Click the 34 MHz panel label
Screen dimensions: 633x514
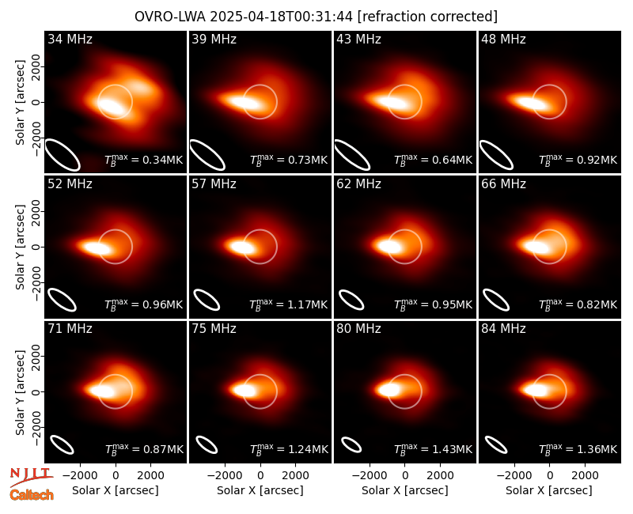click(70, 39)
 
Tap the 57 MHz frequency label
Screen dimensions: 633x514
click(214, 184)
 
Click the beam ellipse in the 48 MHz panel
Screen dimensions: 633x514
click(496, 155)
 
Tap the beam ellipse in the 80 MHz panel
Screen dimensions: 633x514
click(351, 445)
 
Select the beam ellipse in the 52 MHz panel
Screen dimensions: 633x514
click(63, 300)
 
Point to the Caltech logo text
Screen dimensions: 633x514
click(32, 495)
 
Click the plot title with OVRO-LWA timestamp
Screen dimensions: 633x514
click(316, 17)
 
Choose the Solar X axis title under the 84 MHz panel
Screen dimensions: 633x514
click(549, 490)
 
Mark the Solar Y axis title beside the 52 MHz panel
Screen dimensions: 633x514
click(20, 247)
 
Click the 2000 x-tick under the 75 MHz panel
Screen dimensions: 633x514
click(295, 476)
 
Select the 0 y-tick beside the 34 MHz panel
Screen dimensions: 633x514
click(37, 102)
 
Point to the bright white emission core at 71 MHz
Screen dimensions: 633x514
click(101, 391)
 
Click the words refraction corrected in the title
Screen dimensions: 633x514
click(428, 17)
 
